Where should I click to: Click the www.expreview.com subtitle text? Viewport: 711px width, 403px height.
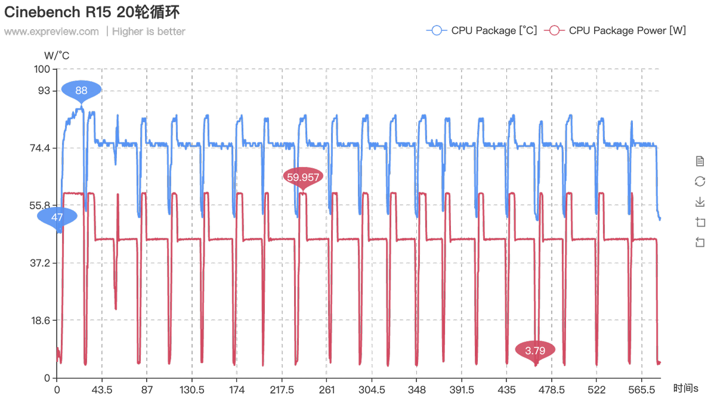coord(51,32)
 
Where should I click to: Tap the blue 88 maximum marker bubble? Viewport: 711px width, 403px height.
coord(81,91)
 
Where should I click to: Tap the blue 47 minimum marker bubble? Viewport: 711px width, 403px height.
coord(57,217)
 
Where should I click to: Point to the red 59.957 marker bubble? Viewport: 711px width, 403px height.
coord(303,176)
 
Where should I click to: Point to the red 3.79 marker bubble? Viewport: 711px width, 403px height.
coord(535,350)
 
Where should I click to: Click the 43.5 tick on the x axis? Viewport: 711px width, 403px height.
coord(102,390)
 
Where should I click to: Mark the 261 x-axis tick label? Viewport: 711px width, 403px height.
coord(327,390)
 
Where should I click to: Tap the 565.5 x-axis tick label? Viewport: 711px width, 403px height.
coord(642,390)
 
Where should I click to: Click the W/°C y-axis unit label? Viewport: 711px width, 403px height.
coord(57,55)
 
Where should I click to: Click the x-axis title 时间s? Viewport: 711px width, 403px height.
coord(685,388)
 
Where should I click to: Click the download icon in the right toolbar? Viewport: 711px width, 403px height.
coord(700,202)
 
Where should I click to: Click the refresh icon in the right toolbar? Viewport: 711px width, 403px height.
coord(700,182)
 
